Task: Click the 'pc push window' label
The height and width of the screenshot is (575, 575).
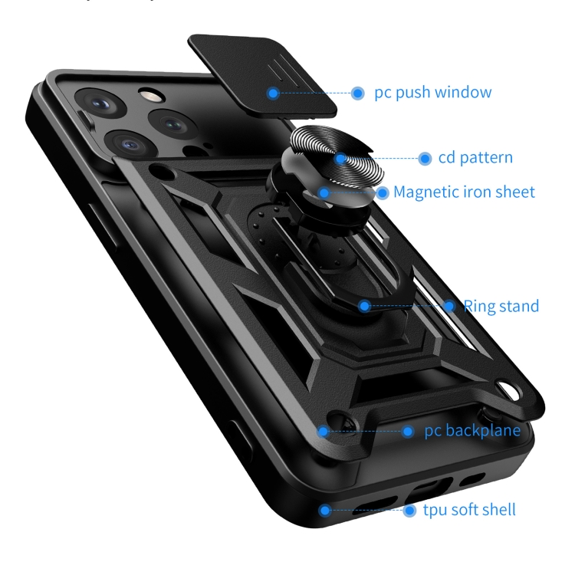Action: pyautogui.click(x=432, y=94)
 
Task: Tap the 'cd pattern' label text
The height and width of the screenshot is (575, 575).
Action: pyautogui.click(x=475, y=159)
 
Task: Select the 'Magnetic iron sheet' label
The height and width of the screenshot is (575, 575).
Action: pyautogui.click(x=464, y=192)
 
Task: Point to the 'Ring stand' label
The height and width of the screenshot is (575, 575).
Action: pyautogui.click(x=501, y=307)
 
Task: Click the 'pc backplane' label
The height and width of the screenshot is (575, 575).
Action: pyautogui.click(x=472, y=431)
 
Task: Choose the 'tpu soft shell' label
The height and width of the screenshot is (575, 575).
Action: pyautogui.click(x=469, y=510)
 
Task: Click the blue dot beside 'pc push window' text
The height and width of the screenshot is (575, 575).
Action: pyautogui.click(x=357, y=94)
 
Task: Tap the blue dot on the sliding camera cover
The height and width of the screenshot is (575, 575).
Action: pyautogui.click(x=272, y=94)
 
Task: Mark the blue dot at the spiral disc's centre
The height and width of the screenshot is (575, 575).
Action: pyautogui.click(x=340, y=159)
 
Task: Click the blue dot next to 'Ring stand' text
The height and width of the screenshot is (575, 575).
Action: pyautogui.click(x=450, y=307)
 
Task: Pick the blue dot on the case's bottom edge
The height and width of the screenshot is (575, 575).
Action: pyautogui.click(x=325, y=510)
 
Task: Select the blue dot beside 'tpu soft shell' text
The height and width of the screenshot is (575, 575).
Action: pyautogui.click(x=409, y=510)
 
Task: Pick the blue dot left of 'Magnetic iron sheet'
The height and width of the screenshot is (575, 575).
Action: pyautogui.click(x=382, y=192)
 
